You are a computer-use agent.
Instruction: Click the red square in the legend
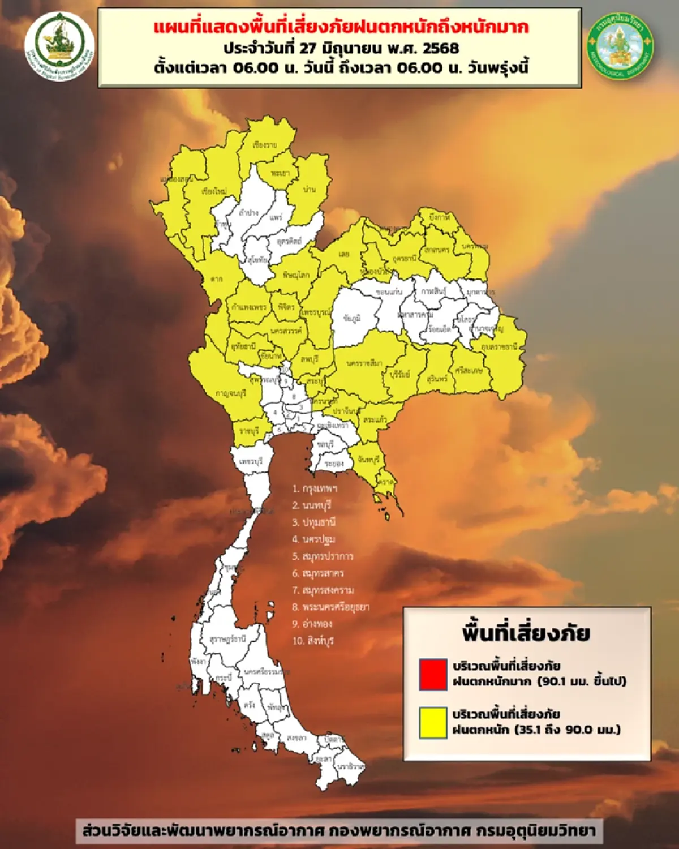(x=433, y=674)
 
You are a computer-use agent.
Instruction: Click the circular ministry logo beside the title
(x=59, y=44)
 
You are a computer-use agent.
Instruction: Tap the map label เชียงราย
(x=265, y=145)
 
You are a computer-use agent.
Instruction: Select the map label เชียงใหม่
(x=214, y=191)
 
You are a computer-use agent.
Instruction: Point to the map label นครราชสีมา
(x=364, y=362)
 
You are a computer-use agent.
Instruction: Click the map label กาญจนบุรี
(x=231, y=393)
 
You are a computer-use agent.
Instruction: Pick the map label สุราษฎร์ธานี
(x=227, y=639)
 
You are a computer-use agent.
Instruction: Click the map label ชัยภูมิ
(x=352, y=319)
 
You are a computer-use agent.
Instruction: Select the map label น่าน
(x=309, y=190)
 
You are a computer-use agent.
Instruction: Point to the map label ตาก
(x=216, y=278)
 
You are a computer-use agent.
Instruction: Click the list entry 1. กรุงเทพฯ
(x=315, y=488)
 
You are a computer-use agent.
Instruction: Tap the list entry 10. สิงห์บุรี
(x=313, y=641)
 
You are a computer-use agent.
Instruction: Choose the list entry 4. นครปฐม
(x=313, y=539)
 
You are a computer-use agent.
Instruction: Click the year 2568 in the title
(x=441, y=48)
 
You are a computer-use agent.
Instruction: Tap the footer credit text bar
(x=339, y=830)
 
